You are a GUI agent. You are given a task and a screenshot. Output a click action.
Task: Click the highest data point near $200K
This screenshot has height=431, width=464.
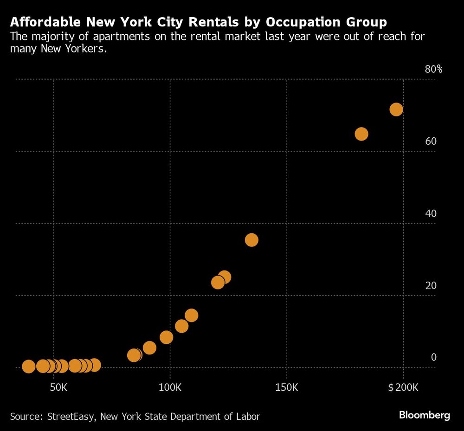(x=396, y=109)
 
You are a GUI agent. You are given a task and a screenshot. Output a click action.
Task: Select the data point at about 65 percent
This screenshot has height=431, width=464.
(x=361, y=134)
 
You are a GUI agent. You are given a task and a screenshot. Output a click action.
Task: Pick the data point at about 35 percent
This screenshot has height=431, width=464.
(x=251, y=240)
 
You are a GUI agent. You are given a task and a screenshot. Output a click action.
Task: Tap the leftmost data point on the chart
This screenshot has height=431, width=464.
(x=28, y=367)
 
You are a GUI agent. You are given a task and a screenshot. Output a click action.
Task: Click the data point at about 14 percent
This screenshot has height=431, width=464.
(x=191, y=315)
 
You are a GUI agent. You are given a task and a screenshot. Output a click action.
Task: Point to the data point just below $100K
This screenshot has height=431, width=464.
(x=166, y=337)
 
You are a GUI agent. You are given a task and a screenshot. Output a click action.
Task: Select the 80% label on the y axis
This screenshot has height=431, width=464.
(x=433, y=70)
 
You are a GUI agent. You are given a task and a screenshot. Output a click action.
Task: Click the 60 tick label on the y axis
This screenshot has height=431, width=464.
(x=431, y=141)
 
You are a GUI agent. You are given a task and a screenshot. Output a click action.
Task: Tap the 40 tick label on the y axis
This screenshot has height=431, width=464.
(x=431, y=213)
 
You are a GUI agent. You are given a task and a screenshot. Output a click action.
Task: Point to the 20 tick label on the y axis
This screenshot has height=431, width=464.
(x=431, y=285)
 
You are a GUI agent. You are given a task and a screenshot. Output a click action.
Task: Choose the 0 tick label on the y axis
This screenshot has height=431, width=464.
(x=434, y=357)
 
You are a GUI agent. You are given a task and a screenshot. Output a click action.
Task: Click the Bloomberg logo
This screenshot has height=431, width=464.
(x=425, y=415)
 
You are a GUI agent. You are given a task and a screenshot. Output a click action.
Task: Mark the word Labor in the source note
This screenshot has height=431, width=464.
(x=248, y=416)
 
